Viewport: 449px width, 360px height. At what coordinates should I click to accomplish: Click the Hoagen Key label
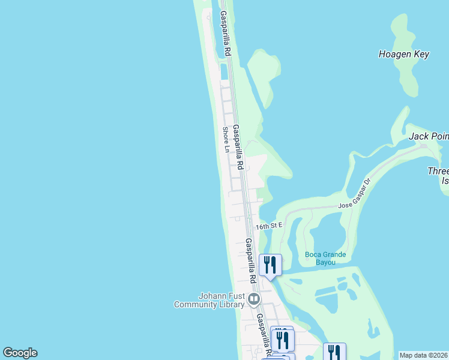point(403,54)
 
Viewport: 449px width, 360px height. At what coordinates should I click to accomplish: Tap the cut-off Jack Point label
point(429,136)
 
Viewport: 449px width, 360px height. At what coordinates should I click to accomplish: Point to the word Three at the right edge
point(438,171)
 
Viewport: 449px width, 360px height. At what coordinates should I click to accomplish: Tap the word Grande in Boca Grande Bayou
point(334,254)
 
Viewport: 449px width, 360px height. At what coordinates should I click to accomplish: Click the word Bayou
point(325,263)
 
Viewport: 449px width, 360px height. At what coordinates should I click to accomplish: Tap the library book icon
point(254,298)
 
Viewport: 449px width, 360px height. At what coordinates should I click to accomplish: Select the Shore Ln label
point(226,139)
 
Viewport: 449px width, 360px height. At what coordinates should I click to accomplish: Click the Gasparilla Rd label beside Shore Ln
point(238,148)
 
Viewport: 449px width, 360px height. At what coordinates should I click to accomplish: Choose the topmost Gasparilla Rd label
point(225,34)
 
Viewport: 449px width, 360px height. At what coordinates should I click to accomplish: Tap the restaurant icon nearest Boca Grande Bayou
point(270,264)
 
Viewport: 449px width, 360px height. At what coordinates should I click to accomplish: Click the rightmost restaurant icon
point(334,352)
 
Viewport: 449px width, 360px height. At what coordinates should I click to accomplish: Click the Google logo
point(20,353)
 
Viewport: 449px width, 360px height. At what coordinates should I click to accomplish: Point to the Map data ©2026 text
point(423,355)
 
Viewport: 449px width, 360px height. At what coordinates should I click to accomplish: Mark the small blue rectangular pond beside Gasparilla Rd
point(224,71)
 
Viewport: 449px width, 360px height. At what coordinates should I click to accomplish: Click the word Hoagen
point(392,54)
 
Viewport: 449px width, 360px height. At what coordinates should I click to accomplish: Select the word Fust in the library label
point(234,295)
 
